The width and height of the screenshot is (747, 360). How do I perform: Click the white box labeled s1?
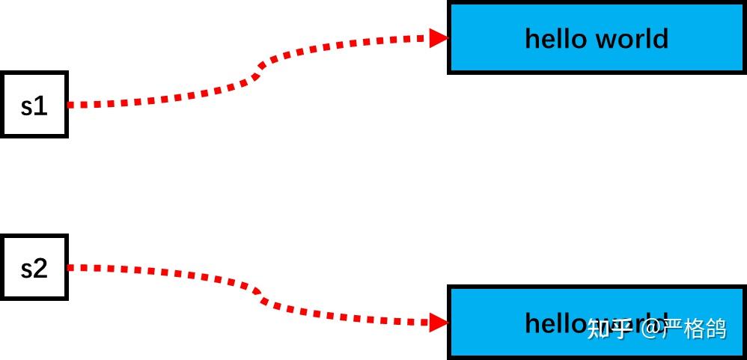[x=34, y=105]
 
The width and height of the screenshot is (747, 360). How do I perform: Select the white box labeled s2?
[x=34, y=267]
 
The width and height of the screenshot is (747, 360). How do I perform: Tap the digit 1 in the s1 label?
[x=41, y=106]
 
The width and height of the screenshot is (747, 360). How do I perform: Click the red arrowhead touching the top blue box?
[x=439, y=37]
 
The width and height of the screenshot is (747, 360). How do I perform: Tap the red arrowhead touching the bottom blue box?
[x=439, y=323]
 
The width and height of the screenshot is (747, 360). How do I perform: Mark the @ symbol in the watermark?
[x=650, y=328]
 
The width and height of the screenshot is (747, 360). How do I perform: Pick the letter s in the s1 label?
[x=27, y=107]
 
